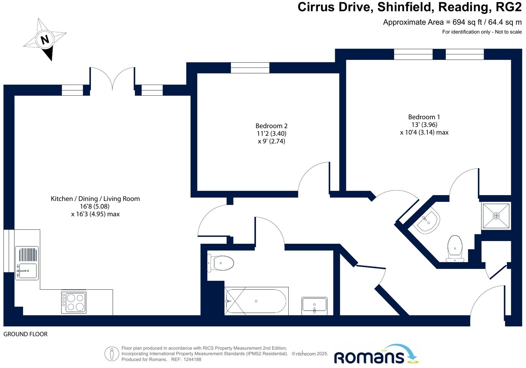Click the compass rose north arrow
pyautogui.click(x=45, y=39)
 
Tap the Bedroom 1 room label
pyautogui.click(x=424, y=117)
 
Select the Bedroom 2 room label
pyautogui.click(x=271, y=126)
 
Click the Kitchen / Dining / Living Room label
pyautogui.click(x=95, y=199)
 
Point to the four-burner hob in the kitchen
pyautogui.click(x=74, y=303)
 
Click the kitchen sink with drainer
pyautogui.click(x=27, y=263)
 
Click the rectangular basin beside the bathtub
pyautogui.click(x=314, y=305)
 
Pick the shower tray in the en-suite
pyautogui.click(x=496, y=216)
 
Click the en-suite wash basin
pyautogui.click(x=427, y=221)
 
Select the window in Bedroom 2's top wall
pyautogui.click(x=250, y=68)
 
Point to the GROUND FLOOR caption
pyautogui.click(x=25, y=334)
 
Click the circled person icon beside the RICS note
pyautogui.click(x=112, y=354)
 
